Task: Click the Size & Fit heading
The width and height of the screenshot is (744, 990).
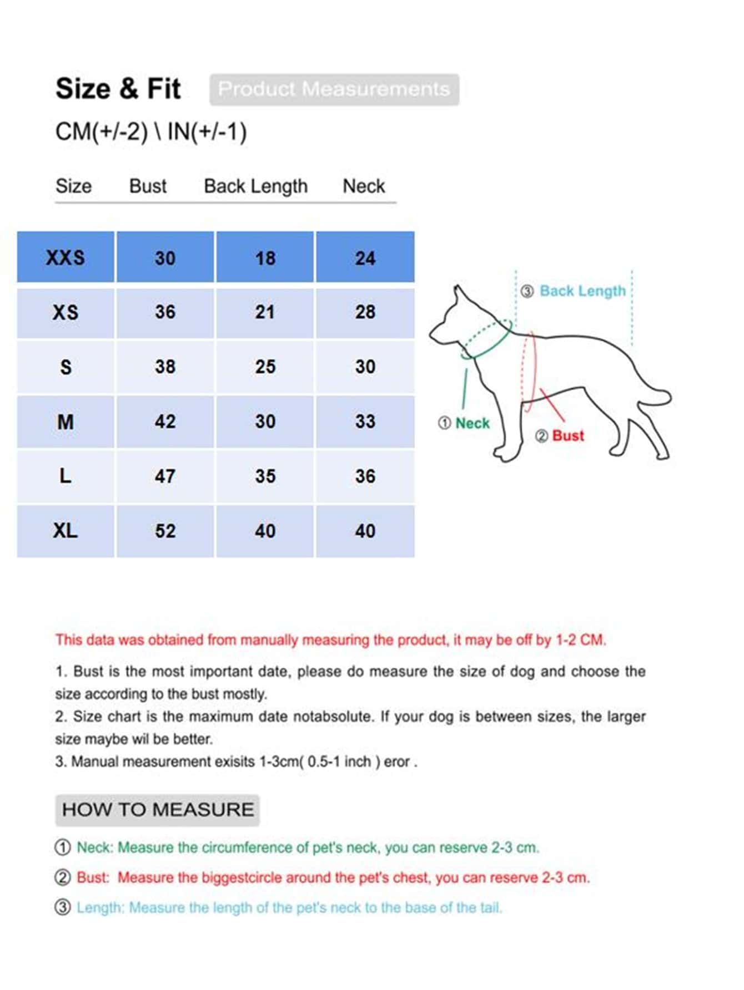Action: tap(118, 89)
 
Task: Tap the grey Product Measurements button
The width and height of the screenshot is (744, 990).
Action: tap(334, 89)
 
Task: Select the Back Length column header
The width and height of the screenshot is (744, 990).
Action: tap(255, 186)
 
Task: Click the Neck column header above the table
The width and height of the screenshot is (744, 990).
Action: tap(364, 186)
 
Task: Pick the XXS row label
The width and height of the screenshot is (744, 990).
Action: tap(66, 257)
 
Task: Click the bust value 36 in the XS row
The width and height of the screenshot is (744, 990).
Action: tap(165, 312)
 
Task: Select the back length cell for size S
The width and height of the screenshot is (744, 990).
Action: tap(265, 367)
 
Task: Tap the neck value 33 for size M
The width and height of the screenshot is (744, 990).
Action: tap(365, 422)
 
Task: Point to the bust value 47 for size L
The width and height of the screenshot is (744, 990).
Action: tap(165, 476)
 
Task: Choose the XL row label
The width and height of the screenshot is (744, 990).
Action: tap(66, 531)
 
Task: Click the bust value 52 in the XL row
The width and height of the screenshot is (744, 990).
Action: tap(165, 531)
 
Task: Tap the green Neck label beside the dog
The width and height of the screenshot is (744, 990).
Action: tap(472, 423)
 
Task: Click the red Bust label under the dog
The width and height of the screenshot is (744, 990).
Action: tap(567, 436)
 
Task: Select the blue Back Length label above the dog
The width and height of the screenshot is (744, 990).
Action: tap(582, 291)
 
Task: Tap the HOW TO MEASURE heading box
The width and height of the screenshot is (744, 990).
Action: tap(157, 810)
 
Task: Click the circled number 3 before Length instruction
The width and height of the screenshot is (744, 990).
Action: tap(63, 907)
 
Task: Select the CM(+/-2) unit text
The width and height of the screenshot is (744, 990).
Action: tap(102, 132)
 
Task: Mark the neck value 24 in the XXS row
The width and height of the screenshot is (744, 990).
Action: tap(365, 258)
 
